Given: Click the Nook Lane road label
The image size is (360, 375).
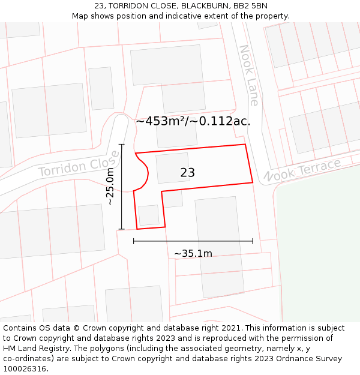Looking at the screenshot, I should (x=249, y=75).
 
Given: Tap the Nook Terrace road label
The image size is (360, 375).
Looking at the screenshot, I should (x=302, y=170).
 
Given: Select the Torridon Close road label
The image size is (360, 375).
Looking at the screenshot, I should (x=79, y=164).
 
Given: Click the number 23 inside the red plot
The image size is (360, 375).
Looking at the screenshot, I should (x=187, y=173).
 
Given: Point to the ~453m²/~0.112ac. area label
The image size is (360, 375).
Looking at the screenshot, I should (x=193, y=121).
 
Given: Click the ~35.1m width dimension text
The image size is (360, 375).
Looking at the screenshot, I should (x=193, y=253).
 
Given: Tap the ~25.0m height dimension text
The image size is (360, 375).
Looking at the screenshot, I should (x=110, y=187).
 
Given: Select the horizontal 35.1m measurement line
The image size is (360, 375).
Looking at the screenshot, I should (x=193, y=241).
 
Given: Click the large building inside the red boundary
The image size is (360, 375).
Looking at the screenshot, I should (x=173, y=168).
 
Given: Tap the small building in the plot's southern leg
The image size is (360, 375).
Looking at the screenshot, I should (x=149, y=215).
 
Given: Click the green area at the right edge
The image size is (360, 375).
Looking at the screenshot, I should (x=318, y=252).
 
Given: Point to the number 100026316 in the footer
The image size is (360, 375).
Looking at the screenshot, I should (x=23, y=368).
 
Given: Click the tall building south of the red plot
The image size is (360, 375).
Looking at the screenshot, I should (x=219, y=246).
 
